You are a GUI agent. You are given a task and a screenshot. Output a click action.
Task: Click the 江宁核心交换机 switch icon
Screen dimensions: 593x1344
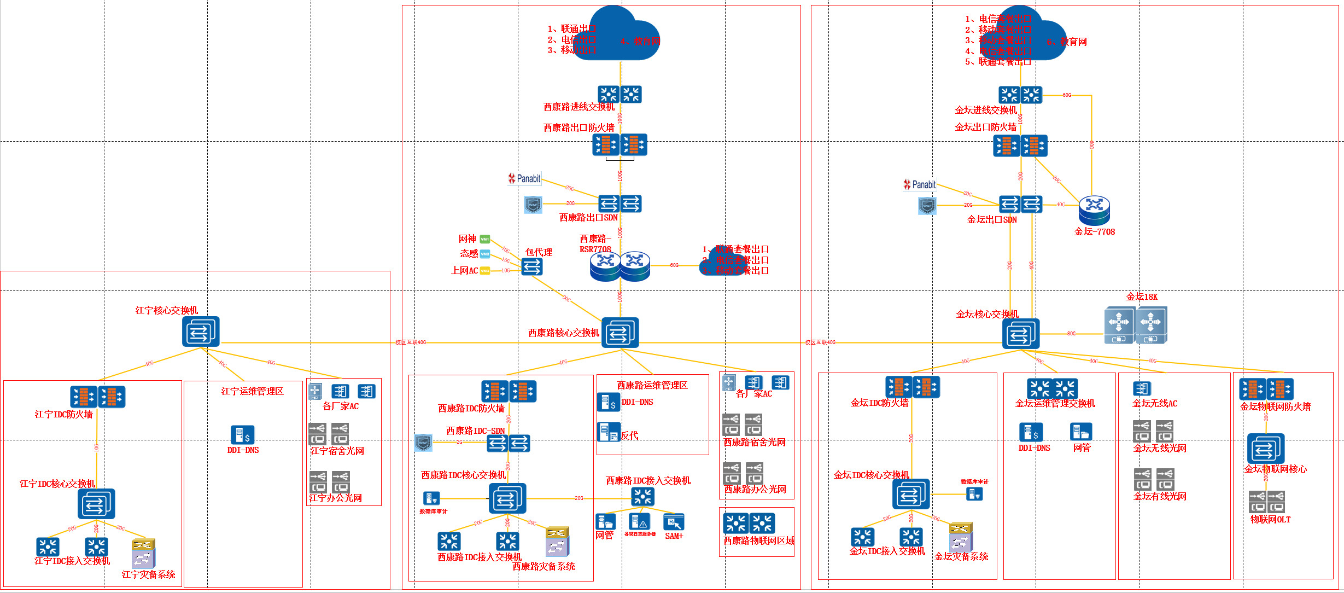tap(201, 332)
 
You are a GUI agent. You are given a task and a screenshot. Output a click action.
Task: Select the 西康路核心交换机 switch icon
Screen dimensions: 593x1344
tap(620, 333)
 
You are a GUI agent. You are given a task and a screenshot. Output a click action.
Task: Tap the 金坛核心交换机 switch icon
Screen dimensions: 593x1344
tap(1021, 334)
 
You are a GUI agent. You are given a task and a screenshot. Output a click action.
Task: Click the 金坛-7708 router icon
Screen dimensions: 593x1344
tap(1094, 211)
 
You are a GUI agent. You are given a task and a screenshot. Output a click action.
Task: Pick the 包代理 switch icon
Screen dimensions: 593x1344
tap(531, 267)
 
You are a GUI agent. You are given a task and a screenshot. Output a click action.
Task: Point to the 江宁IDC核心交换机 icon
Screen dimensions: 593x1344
tap(96, 504)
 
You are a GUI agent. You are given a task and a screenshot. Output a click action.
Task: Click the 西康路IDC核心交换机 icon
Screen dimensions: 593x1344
tap(507, 498)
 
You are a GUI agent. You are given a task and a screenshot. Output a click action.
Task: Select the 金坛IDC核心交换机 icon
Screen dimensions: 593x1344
tap(911, 495)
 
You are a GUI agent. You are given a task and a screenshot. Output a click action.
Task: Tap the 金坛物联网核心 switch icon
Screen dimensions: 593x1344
tap(1266, 449)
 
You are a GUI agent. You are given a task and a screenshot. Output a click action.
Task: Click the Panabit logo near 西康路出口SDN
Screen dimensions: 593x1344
tap(524, 178)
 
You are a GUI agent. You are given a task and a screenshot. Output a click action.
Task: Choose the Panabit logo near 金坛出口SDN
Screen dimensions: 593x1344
tap(920, 185)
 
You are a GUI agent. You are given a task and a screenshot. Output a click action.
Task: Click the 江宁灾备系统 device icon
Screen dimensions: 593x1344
tap(143, 554)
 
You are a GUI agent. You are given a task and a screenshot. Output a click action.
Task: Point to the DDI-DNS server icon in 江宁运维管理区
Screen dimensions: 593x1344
tap(242, 435)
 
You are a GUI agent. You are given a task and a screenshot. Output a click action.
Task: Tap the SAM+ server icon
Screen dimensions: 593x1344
tap(674, 522)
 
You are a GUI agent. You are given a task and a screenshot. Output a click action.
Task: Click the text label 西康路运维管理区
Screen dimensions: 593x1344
tap(652, 385)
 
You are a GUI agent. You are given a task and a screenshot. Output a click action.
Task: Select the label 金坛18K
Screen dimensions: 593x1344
tap(1142, 296)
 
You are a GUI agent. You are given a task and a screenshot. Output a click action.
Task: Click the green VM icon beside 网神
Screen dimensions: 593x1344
tap(484, 239)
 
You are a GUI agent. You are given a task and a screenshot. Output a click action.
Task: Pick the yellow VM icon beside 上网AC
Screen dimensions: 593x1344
tap(484, 271)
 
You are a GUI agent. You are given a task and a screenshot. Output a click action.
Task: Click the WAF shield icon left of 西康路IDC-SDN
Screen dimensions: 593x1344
tap(423, 442)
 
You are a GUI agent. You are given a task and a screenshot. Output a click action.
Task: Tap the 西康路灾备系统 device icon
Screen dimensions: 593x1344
tap(557, 542)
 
